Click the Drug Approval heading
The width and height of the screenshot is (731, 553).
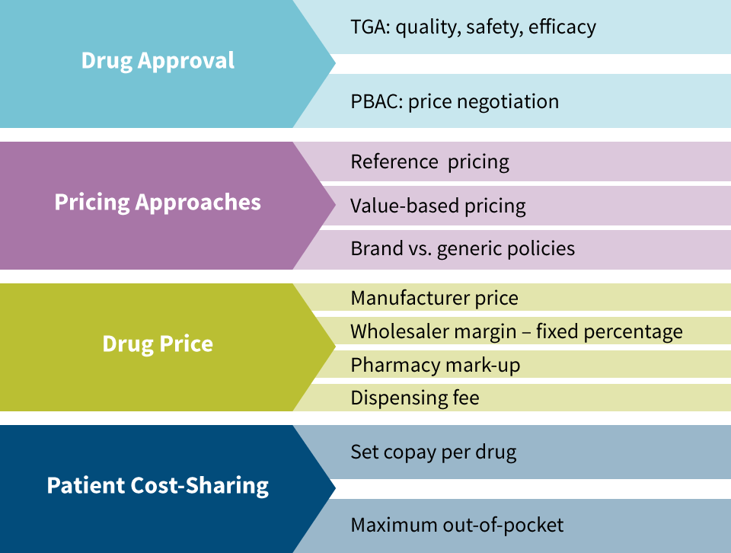pos(158,61)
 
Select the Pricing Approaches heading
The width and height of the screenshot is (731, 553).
pos(158,203)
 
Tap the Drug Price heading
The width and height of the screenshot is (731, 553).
pos(158,344)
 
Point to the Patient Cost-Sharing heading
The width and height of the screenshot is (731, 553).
pos(158,486)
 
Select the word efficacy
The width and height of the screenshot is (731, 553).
pos(562,28)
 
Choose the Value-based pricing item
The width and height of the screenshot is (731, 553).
pos(439,206)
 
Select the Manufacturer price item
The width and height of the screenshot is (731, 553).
pos(435,299)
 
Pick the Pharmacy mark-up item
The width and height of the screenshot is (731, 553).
pos(436,366)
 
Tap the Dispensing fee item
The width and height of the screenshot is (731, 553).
pos(415,398)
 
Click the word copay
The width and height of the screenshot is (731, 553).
pos(410,453)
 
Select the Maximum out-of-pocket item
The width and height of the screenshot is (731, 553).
pos(457,526)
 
